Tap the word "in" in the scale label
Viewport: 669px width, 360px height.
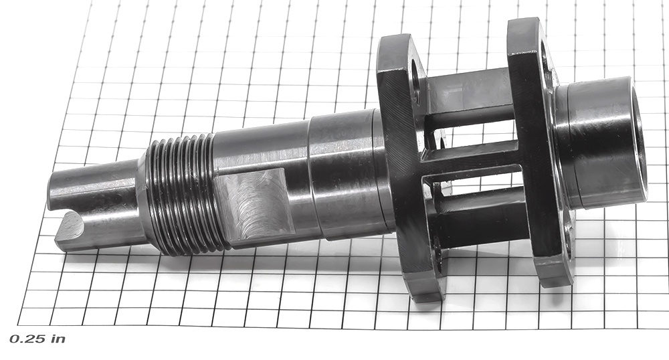[x=58, y=339]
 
